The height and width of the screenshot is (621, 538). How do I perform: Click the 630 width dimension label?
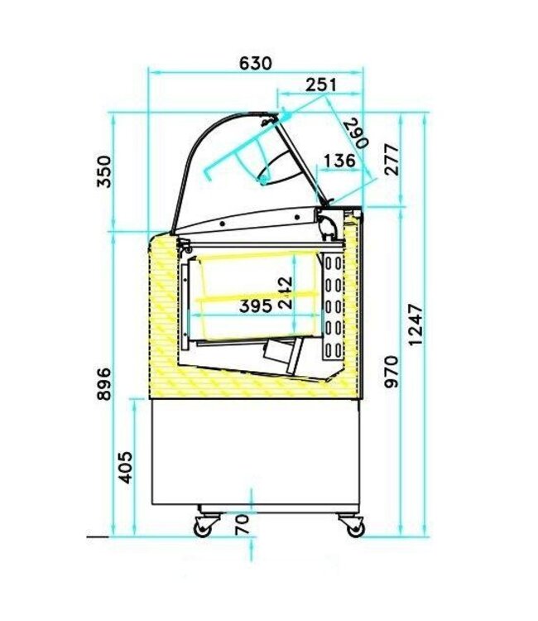click(x=255, y=63)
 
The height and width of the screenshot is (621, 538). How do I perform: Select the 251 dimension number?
click(x=320, y=84)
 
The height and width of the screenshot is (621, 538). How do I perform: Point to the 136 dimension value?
click(x=339, y=161)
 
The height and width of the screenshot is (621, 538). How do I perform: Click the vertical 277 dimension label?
click(x=392, y=161)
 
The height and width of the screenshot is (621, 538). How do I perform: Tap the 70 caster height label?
click(x=243, y=523)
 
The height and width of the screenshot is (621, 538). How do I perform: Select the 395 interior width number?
click(x=256, y=306)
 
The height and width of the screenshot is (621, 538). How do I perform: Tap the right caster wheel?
click(x=350, y=525)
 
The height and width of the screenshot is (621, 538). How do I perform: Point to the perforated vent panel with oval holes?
click(x=333, y=306)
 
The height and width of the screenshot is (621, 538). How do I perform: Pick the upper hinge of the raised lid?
click(x=267, y=122)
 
